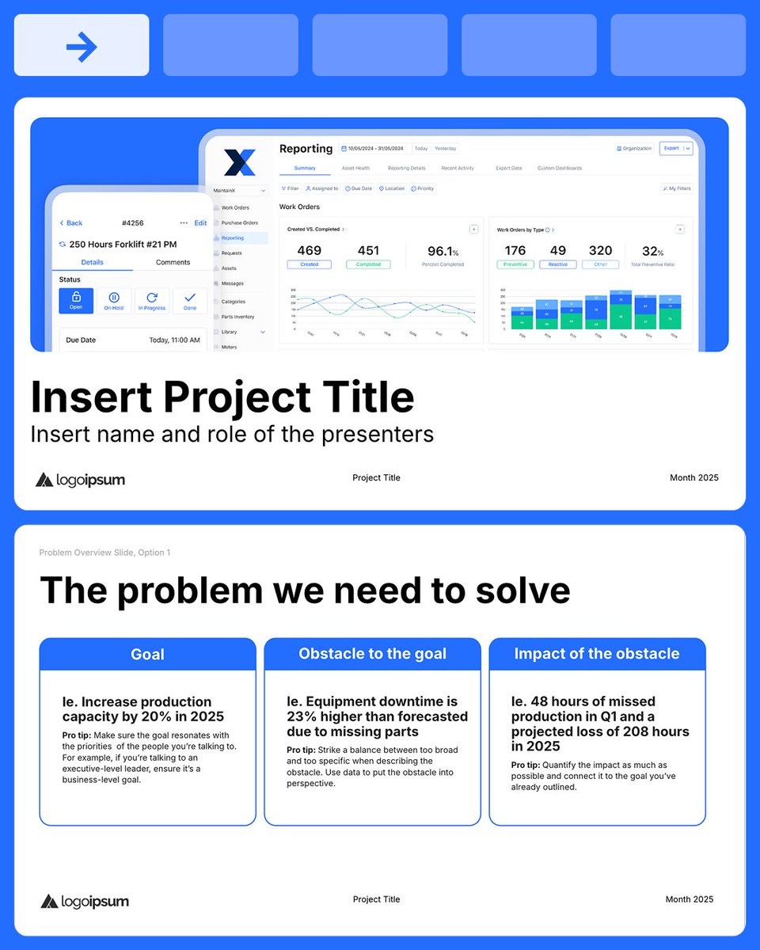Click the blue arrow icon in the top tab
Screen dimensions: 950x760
point(82,47)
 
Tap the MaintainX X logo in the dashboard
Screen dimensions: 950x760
point(239,161)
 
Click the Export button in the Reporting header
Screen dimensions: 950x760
point(672,148)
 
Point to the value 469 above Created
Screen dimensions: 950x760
point(309,251)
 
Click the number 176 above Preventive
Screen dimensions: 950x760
point(515,251)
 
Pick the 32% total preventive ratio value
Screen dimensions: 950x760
point(653,251)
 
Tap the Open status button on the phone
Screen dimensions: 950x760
point(76,301)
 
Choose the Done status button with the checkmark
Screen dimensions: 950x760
point(190,301)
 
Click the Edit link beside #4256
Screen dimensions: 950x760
point(200,223)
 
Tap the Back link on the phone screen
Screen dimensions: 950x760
point(72,223)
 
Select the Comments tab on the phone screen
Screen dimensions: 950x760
point(173,262)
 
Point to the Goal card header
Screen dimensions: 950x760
point(147,654)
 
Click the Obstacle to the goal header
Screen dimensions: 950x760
point(372,654)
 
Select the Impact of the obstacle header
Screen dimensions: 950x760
point(597,654)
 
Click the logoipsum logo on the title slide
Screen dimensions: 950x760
point(80,480)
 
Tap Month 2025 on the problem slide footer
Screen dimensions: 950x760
point(689,899)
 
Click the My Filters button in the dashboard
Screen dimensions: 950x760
point(676,188)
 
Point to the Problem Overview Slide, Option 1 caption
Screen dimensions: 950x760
point(104,553)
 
